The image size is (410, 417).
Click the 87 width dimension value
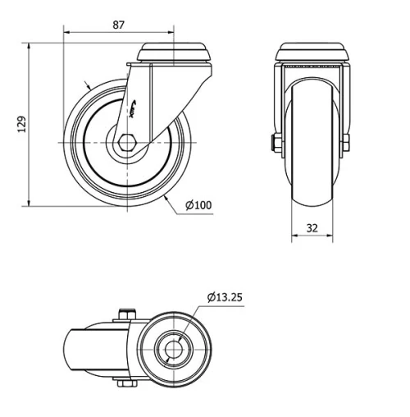coord(118,25)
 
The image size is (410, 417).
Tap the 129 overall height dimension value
coord(22,124)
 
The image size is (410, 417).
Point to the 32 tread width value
coord(313,229)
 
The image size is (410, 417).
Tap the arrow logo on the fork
coord(136,105)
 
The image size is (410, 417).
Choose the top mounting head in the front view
coord(312,52)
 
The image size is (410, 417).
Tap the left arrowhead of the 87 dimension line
coord(66,34)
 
